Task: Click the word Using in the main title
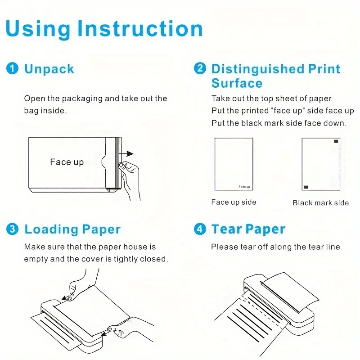coord(38,29)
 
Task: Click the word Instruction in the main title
coord(140,29)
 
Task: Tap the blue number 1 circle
coord(12,69)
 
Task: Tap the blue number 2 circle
coord(200,69)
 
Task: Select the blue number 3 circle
coord(12,229)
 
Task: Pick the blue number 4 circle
coord(200,229)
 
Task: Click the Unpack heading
coord(49,69)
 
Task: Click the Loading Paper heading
coord(72,229)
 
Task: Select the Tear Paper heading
coord(248,229)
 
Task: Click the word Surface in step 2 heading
coord(237,84)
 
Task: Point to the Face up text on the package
coord(67,162)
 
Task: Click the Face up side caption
coord(234,202)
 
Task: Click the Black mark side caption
coord(320,203)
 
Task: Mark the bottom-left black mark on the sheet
coord(306,186)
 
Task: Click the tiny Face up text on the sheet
coord(244,187)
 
